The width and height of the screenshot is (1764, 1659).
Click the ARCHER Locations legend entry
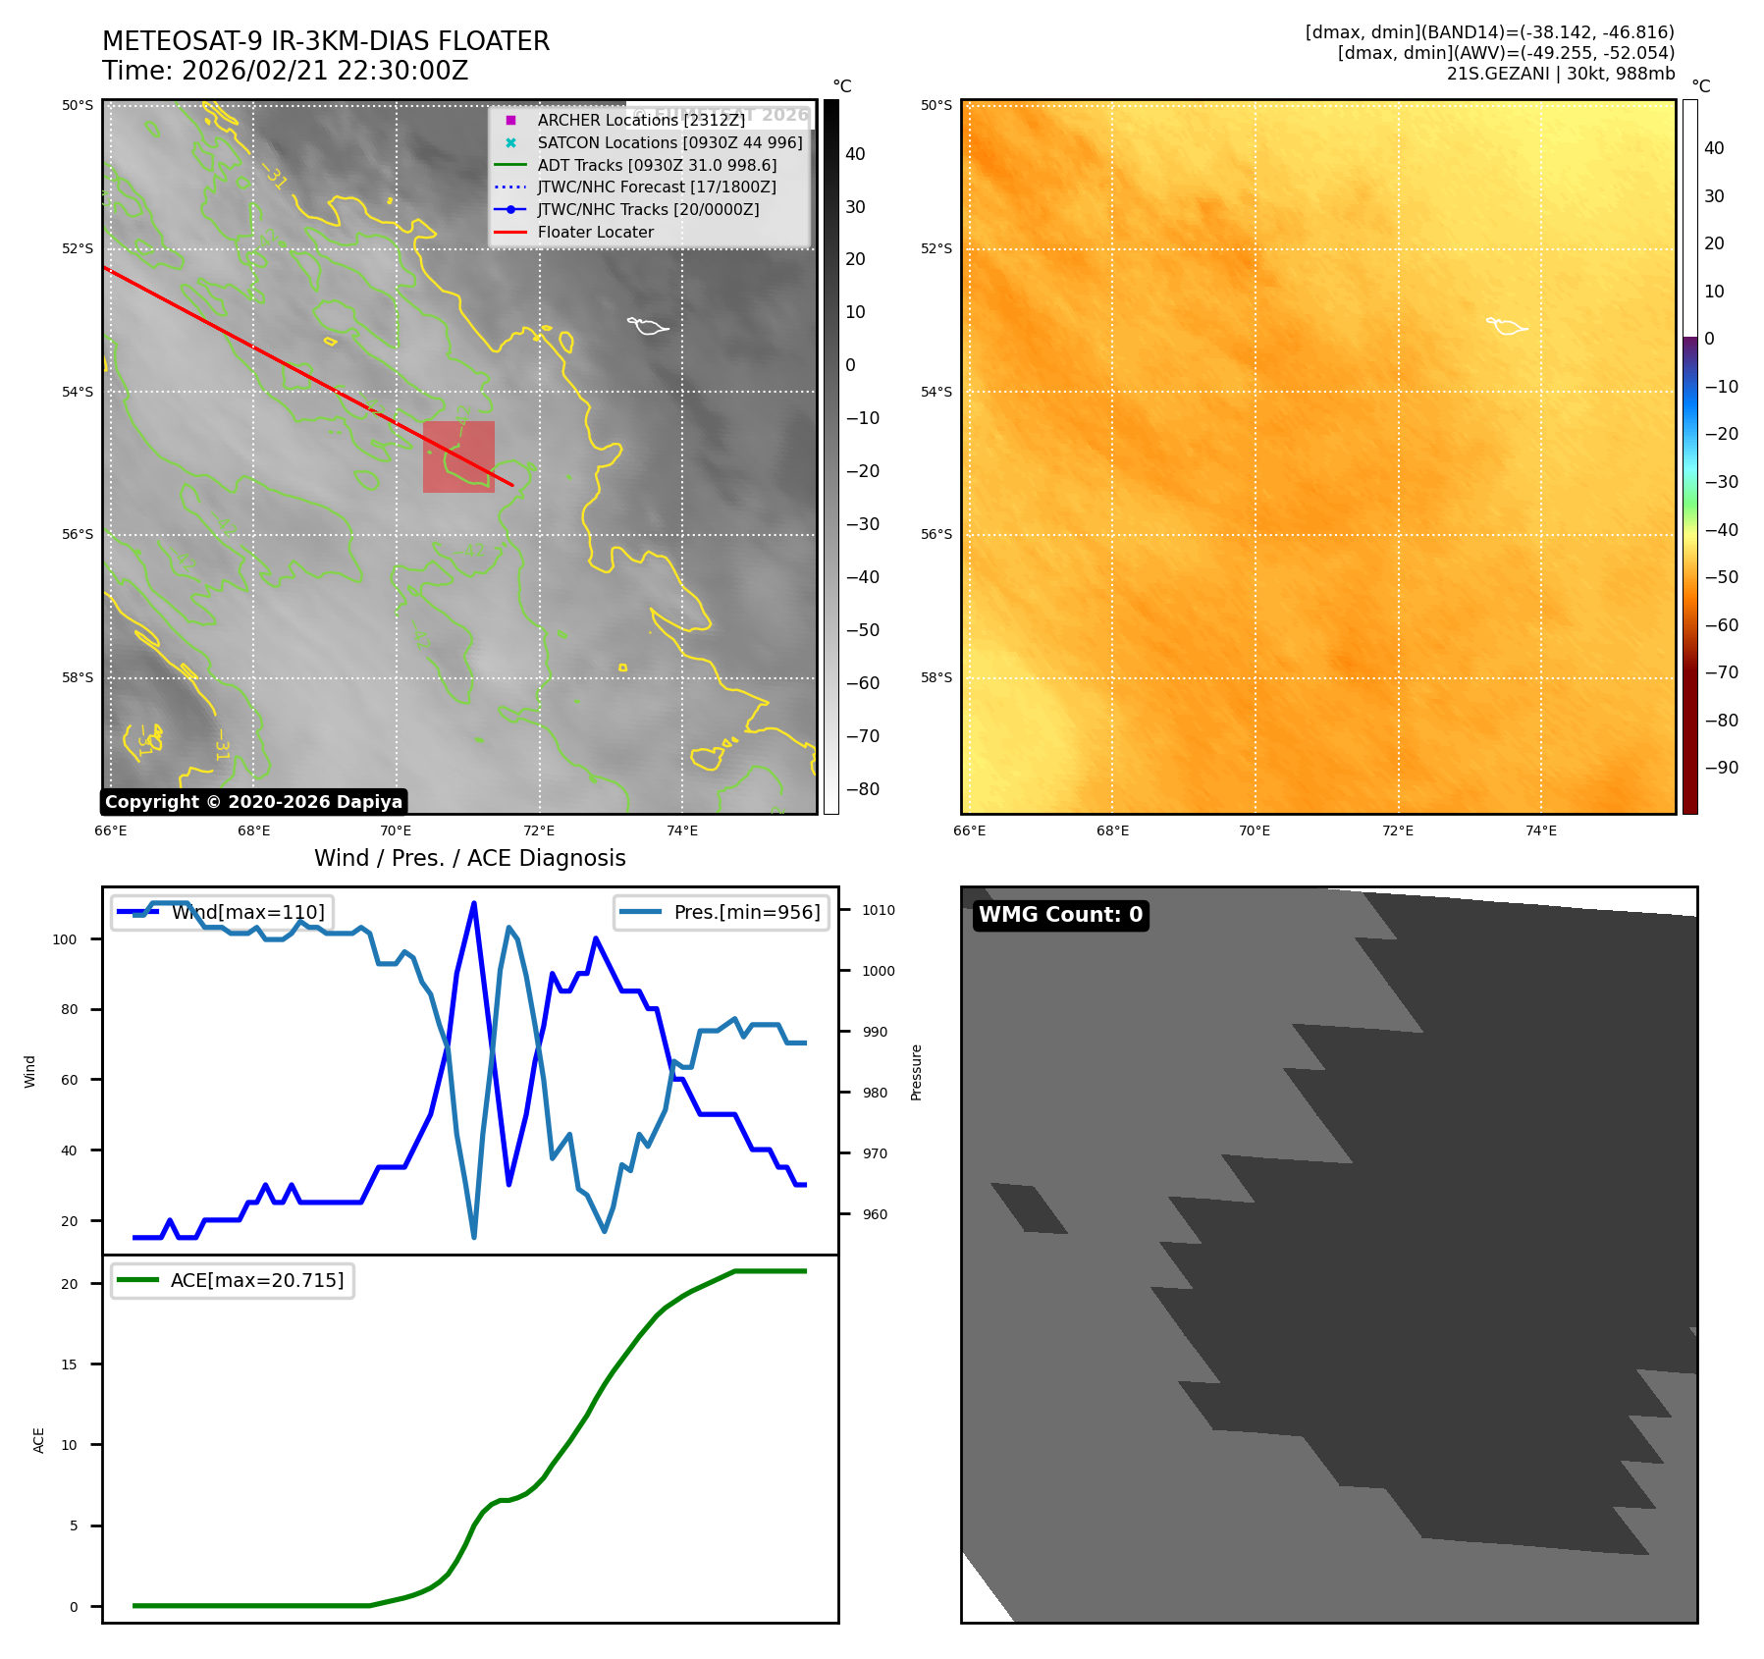(x=640, y=120)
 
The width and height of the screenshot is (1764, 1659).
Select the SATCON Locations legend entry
(x=669, y=142)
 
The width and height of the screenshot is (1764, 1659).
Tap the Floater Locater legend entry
(x=595, y=232)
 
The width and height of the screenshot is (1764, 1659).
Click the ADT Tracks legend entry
(x=657, y=165)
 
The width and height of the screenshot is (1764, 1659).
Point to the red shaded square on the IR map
(x=458, y=456)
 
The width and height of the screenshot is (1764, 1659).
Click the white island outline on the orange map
(x=1506, y=326)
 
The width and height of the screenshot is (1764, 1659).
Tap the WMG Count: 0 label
(x=1060, y=915)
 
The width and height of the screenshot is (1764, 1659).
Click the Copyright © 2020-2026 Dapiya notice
(x=253, y=802)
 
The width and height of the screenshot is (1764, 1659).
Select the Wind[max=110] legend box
(x=222, y=912)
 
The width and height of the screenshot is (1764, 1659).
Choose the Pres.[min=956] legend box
(x=722, y=912)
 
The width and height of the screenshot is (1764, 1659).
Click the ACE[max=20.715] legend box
(x=233, y=1280)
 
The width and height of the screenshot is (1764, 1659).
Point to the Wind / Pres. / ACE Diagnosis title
(x=469, y=858)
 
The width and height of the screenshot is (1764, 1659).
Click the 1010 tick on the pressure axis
(x=879, y=910)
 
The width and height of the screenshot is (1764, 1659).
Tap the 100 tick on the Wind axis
(x=64, y=939)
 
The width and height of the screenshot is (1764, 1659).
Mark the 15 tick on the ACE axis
(x=69, y=1365)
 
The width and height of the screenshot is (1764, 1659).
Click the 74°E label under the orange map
(x=1540, y=830)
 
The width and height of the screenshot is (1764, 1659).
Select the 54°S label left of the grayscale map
(x=78, y=392)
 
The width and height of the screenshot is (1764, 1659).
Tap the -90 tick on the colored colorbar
(x=1721, y=768)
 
